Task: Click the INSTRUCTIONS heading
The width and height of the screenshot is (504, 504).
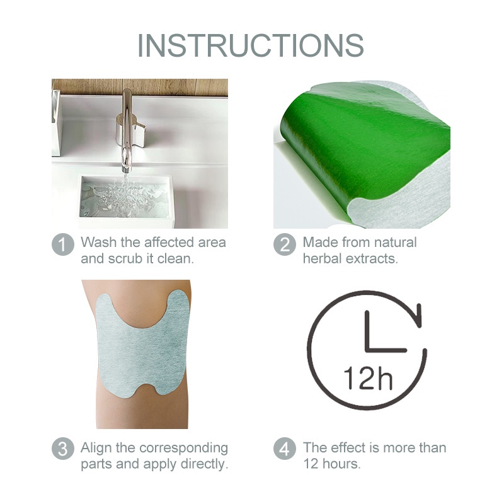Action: click(x=251, y=45)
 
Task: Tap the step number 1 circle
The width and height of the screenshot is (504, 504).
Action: click(x=62, y=245)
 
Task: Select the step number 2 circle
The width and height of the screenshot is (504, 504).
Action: click(x=285, y=245)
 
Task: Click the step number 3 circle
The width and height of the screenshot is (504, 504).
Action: click(x=62, y=449)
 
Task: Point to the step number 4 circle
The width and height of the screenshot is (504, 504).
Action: click(x=285, y=449)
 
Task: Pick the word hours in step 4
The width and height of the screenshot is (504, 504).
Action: click(x=345, y=464)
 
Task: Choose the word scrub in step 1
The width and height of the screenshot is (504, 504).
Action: click(x=123, y=258)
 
